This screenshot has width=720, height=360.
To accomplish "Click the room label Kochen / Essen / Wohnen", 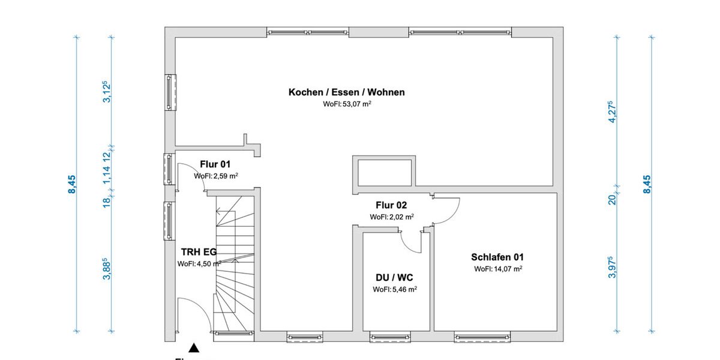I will pyautogui.click(x=346, y=92).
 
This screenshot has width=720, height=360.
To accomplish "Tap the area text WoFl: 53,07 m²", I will pyautogui.click(x=346, y=104).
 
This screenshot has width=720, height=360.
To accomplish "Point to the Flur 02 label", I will pyautogui.click(x=391, y=205).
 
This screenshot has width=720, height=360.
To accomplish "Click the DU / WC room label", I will pyautogui.click(x=394, y=278).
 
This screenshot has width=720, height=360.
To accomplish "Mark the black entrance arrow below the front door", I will pyautogui.click(x=193, y=347).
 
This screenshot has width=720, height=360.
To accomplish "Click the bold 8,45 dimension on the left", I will pyautogui.click(x=73, y=184).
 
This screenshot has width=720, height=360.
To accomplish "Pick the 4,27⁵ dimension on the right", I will pyautogui.click(x=611, y=112).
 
